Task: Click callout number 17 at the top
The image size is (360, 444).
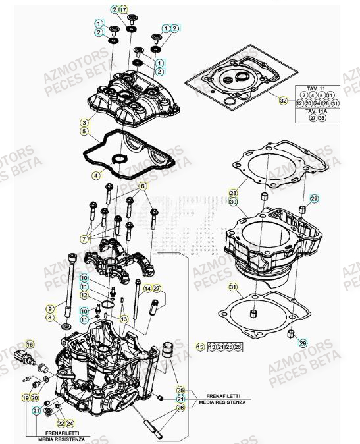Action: pos(124,9)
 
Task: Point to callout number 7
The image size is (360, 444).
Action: pos(85,237)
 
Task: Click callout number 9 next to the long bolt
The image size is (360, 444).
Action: pos(49,308)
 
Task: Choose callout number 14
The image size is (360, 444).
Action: pos(147,289)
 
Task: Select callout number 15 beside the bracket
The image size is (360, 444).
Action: pos(201,347)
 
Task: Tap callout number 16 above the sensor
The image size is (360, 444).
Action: pos(28,345)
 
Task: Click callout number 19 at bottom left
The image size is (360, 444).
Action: pos(26,399)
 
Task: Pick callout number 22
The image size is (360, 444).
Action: pos(60,422)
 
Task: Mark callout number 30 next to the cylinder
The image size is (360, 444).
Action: pos(233,202)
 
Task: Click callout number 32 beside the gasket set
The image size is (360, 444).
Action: pos(283,101)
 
